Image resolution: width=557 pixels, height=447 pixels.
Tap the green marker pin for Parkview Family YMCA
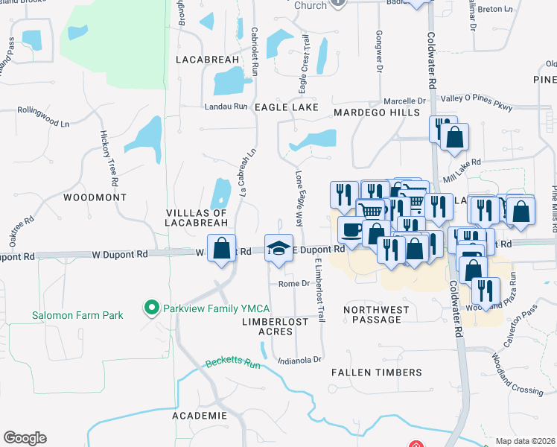pos(152,307)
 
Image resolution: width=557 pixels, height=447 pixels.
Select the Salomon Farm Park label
pos(77,315)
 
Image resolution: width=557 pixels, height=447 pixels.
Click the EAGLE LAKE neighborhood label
pos(287,107)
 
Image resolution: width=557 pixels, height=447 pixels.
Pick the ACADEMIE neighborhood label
pos(199,415)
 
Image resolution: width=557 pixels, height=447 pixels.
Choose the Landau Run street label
pos(226,107)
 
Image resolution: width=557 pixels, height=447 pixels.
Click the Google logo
pos(25,438)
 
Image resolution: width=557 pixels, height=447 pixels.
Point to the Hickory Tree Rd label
pos(109,158)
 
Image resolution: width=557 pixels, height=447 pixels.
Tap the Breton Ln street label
pos(494,10)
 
